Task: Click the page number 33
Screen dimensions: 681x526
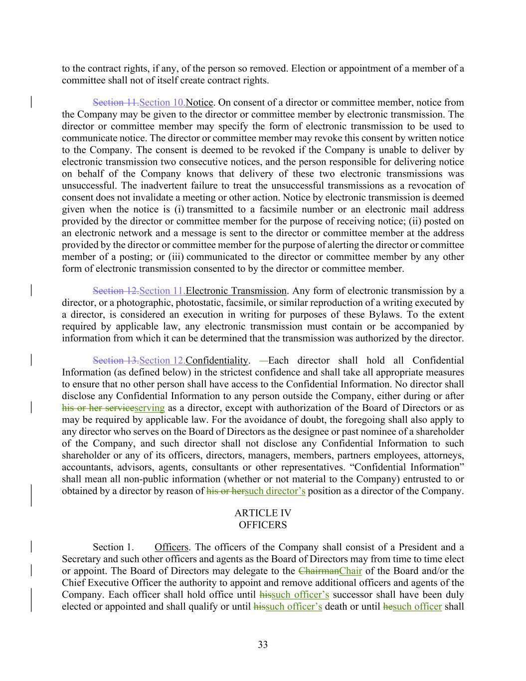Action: [x=263, y=645]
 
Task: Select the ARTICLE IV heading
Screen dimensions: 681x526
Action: [x=263, y=513]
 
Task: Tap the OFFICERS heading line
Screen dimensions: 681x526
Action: [x=263, y=525]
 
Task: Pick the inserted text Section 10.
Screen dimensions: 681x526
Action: [x=162, y=102]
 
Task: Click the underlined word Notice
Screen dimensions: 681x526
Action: [x=199, y=102]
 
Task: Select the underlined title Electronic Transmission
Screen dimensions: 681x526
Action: [x=236, y=291]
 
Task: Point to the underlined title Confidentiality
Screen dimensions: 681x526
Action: [x=216, y=360]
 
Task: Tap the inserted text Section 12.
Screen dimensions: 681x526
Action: [x=162, y=360]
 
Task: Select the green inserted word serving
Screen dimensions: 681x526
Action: [x=150, y=408]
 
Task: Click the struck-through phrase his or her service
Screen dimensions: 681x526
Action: [x=98, y=408]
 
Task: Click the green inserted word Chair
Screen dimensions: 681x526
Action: [x=350, y=571]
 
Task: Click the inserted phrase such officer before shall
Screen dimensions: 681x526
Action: [x=417, y=607]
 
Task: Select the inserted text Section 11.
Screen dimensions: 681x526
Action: [x=162, y=291]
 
